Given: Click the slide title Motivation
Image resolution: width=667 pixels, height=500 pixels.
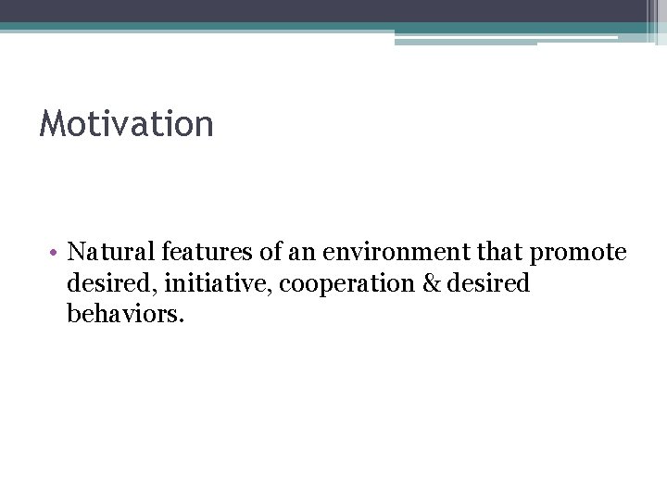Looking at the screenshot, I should [126, 124].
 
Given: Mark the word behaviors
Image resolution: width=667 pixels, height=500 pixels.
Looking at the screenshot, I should [122, 315].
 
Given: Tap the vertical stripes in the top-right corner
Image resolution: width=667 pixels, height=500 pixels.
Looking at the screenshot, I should [652, 19].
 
